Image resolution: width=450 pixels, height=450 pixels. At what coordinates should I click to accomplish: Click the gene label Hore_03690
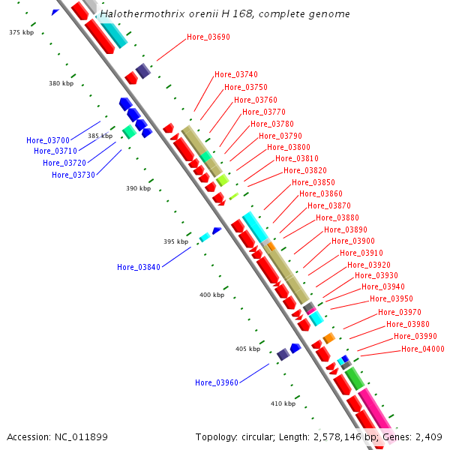pyautogui.click(x=208, y=37)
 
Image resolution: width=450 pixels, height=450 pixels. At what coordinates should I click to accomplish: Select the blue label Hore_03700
pyautogui.click(x=48, y=140)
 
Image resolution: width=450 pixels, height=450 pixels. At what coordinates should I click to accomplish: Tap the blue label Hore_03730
pyautogui.click(x=73, y=175)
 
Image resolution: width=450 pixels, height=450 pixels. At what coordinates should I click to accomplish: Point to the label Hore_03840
pyautogui.click(x=139, y=267)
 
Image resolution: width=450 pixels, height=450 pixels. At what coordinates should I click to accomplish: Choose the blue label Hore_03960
pyautogui.click(x=217, y=382)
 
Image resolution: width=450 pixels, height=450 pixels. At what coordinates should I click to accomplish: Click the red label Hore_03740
pyautogui.click(x=236, y=74)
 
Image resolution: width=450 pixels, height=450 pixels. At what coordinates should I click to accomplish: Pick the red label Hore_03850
pyautogui.click(x=313, y=182)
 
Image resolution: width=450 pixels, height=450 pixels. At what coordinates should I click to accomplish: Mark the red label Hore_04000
pyautogui.click(x=423, y=349)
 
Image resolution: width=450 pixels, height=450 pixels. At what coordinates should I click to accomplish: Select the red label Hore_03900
pyautogui.click(x=353, y=241)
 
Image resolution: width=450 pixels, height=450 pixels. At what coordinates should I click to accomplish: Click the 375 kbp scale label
pyautogui.click(x=22, y=32)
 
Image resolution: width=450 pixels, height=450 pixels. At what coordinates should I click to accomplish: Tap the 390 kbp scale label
pyautogui.click(x=139, y=188)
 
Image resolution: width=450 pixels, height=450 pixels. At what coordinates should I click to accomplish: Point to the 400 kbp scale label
pyautogui.click(x=211, y=295)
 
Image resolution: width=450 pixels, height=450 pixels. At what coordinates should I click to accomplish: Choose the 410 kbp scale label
pyautogui.click(x=283, y=403)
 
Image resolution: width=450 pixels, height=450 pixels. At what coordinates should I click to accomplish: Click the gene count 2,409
pyautogui.click(x=430, y=436)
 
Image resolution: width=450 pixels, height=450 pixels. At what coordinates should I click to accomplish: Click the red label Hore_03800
pyautogui.click(x=289, y=147)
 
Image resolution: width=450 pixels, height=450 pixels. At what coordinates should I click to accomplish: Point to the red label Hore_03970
pyautogui.click(x=400, y=312)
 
